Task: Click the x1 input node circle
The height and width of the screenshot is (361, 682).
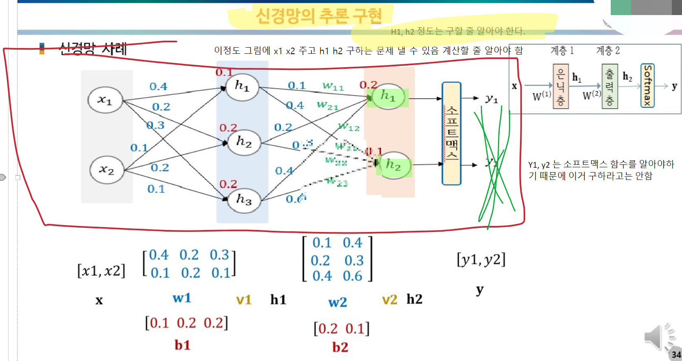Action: [105, 100]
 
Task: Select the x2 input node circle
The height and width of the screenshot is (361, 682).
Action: [106, 170]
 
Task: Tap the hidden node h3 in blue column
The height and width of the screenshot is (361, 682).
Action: [244, 199]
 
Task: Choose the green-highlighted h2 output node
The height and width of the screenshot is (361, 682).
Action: [393, 165]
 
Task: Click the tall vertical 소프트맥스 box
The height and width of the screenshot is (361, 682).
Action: [452, 133]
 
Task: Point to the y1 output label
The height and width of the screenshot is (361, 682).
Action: [491, 98]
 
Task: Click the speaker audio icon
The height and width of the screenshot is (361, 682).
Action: [656, 337]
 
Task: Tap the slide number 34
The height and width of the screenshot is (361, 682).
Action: [676, 354]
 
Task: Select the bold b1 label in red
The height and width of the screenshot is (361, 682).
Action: [182, 345]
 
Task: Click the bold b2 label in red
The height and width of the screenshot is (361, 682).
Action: [340, 347]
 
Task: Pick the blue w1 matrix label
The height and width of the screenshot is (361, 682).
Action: [182, 298]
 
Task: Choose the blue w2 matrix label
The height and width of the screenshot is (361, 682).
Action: [338, 302]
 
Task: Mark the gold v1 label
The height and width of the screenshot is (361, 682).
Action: [243, 300]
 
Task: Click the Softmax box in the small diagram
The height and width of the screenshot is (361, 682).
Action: [647, 86]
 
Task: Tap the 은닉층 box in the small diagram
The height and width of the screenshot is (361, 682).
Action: [561, 86]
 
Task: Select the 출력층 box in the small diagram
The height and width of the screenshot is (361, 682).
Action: [610, 86]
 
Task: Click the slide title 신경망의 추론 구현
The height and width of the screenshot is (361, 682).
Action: [318, 15]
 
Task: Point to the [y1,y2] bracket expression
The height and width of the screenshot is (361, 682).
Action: [481, 260]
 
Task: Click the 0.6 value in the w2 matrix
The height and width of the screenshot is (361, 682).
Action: [352, 276]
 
